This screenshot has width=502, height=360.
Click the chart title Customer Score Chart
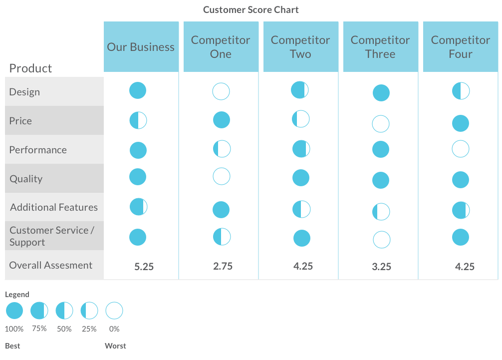251,10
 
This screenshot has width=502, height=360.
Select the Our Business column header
141,47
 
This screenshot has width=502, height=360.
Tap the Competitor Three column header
380,47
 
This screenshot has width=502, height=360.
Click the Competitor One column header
221,47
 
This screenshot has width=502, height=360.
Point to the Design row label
24,92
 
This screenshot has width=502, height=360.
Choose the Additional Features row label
54,207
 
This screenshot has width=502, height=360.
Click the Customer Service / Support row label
51,236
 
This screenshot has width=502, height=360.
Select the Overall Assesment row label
51,265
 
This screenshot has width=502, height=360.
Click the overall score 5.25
144,267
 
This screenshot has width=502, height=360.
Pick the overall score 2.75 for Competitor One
223,266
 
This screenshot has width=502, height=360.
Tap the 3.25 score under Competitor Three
381,267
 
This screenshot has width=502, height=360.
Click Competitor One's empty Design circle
221,92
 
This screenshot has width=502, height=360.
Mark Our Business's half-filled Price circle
138,120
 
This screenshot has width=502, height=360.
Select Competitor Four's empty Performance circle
460,149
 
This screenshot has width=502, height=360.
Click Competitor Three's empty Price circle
381,124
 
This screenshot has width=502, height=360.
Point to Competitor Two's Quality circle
300,178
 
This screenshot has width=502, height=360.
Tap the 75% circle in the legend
39,311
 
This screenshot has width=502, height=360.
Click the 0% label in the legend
114,329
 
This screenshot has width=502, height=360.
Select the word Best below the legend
12,346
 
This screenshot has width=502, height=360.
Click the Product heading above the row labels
30,68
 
